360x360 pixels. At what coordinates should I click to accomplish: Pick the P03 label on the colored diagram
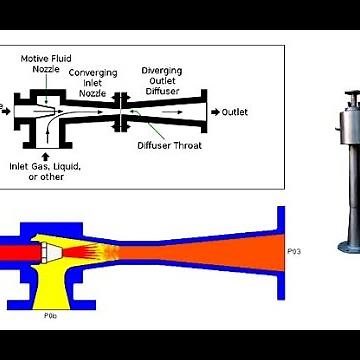pyautogui.click(x=295, y=249)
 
